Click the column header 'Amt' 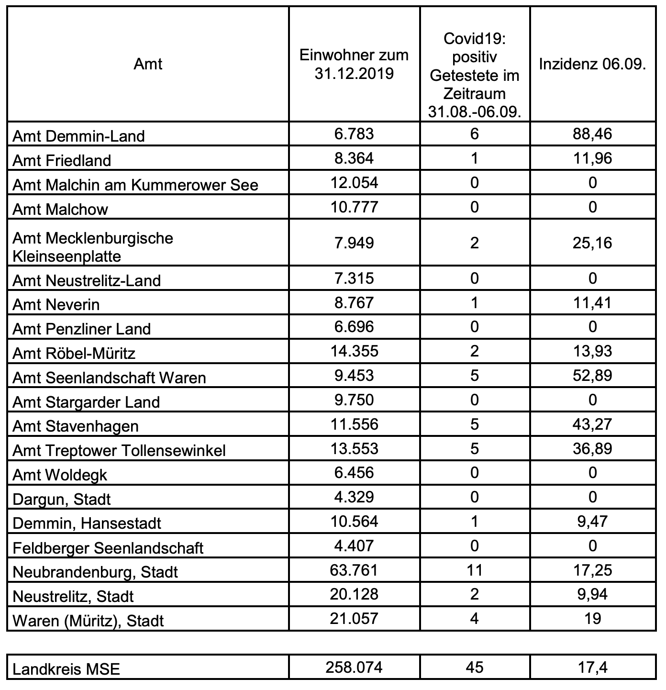pyautogui.click(x=148, y=64)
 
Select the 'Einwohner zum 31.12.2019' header pyautogui.click(x=354, y=64)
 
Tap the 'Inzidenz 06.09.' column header pyautogui.click(x=592, y=64)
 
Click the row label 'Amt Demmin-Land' pyautogui.click(x=78, y=136)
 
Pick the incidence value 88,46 pyautogui.click(x=592, y=134)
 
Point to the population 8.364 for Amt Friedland pyautogui.click(x=354, y=158)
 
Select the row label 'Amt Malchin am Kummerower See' pyautogui.click(x=135, y=185)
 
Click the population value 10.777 pyautogui.click(x=354, y=207)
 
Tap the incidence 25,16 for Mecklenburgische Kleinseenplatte pyautogui.click(x=592, y=243)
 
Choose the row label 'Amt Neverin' pyautogui.click(x=56, y=304)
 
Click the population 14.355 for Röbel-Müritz pyautogui.click(x=354, y=351)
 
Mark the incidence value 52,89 pyautogui.click(x=592, y=375)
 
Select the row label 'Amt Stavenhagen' pyautogui.click(x=76, y=426)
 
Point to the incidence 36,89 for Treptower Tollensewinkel pyautogui.click(x=592, y=448)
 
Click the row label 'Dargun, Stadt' pyautogui.click(x=62, y=499)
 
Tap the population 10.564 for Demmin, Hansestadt pyautogui.click(x=354, y=521)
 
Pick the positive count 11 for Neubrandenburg pyautogui.click(x=474, y=570)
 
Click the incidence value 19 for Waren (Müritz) pyautogui.click(x=592, y=618)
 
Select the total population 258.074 pyautogui.click(x=354, y=667)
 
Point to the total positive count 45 pyautogui.click(x=474, y=667)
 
